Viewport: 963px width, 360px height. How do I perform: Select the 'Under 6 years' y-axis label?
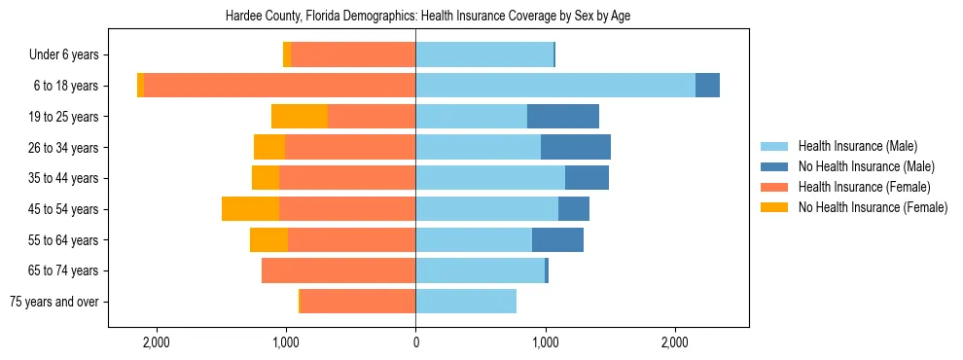coord(70,54)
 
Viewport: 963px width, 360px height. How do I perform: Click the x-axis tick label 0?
coord(415,342)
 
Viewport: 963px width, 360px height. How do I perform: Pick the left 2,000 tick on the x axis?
coord(156,342)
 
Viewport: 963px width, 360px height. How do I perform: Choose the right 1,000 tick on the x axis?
coord(545,342)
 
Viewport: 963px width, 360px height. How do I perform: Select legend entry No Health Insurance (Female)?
coord(873,207)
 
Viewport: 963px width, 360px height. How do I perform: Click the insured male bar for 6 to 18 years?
coord(555,86)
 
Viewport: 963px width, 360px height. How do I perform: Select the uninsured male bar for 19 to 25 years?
coord(563,117)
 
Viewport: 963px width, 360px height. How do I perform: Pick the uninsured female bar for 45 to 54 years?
coord(250,209)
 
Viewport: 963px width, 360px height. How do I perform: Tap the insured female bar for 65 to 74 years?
coord(339,270)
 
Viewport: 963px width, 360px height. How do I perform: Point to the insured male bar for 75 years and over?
coord(466,302)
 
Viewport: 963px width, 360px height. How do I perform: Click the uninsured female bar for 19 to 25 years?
coord(300,117)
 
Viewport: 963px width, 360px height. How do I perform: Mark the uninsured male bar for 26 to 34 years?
coord(576,147)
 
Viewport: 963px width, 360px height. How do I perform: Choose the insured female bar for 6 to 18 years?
coord(280,86)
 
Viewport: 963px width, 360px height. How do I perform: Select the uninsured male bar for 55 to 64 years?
coord(557,239)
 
